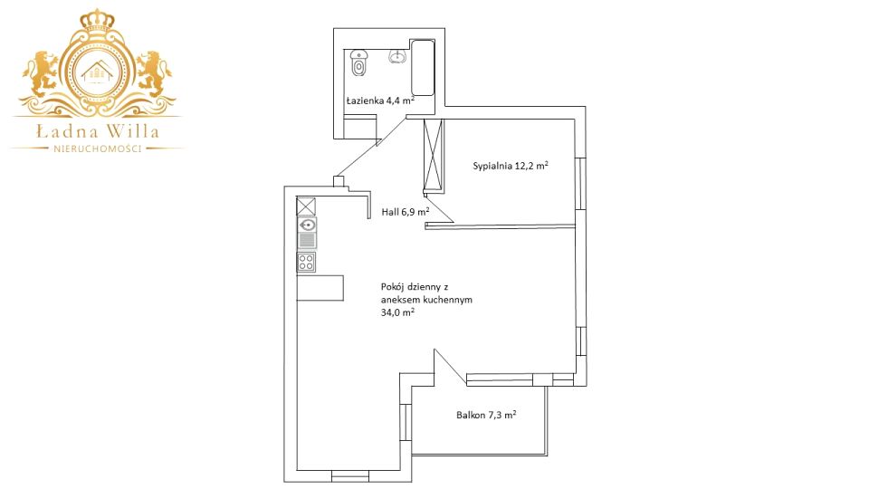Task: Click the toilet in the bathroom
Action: [359, 62]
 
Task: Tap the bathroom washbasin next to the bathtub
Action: [397, 56]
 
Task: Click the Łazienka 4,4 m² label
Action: [381, 101]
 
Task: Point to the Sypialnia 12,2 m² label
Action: [511, 165]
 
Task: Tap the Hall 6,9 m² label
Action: [406, 212]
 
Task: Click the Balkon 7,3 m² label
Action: [487, 415]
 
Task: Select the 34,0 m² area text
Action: [398, 312]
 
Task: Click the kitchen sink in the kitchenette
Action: [307, 225]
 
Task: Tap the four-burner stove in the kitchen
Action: [307, 262]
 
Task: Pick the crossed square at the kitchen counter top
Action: [306, 206]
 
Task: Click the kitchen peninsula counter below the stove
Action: [320, 288]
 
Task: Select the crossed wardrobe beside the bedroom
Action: [433, 155]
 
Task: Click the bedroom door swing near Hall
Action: [440, 209]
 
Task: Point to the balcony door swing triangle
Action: [450, 366]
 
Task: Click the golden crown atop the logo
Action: [97, 21]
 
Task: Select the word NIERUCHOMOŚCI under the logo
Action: [97, 149]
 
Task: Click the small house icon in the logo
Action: [97, 72]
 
